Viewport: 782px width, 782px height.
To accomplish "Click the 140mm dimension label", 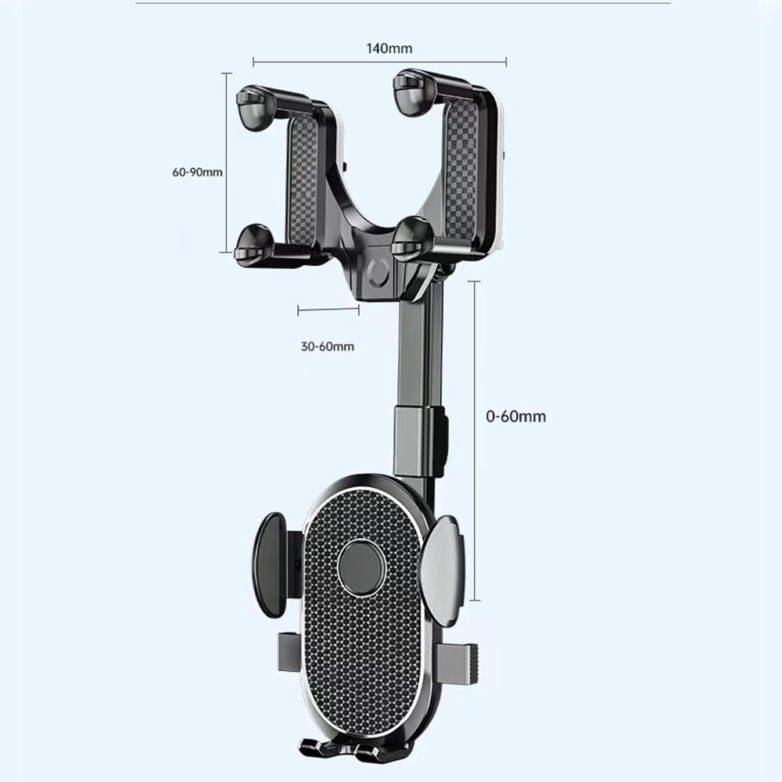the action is (x=389, y=48).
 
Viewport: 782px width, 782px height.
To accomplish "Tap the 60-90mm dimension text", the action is (x=198, y=171).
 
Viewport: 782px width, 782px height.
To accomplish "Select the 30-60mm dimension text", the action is (x=327, y=346).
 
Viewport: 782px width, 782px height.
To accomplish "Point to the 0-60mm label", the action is (x=516, y=416).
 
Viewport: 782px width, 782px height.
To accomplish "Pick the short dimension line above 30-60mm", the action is (x=328, y=310).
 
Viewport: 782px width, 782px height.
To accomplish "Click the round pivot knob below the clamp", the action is (x=378, y=274).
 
